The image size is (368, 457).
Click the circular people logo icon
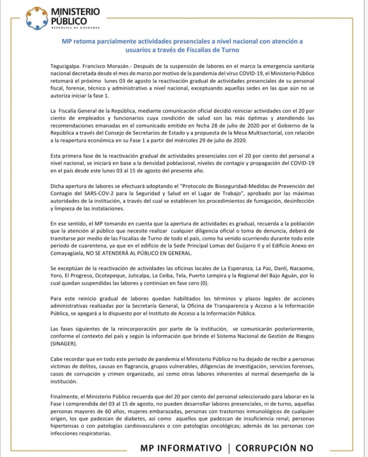click(37, 18)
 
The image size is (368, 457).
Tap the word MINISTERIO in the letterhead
click(75, 11)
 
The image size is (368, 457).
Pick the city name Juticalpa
click(136, 276)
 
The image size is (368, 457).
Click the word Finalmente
click(65, 396)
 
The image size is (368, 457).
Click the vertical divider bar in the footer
click(228, 448)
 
